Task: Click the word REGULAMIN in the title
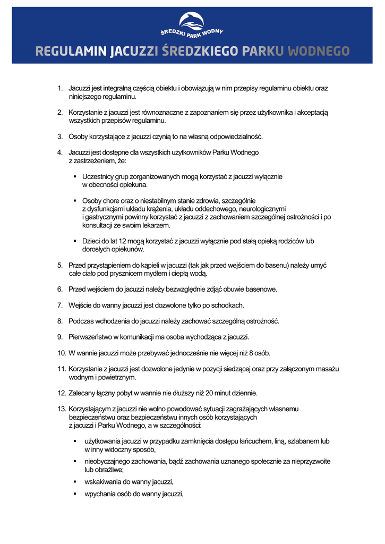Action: tap(71, 52)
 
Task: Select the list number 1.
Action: tap(61, 88)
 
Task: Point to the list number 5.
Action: tap(60, 265)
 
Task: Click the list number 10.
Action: tap(61, 353)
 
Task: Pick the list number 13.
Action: tap(61, 409)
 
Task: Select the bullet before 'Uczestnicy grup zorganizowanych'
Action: tap(75, 176)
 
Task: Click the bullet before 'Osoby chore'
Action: tap(75, 201)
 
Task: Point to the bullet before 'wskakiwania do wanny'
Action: tap(75, 482)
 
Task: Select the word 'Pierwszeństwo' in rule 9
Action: tap(93, 337)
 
